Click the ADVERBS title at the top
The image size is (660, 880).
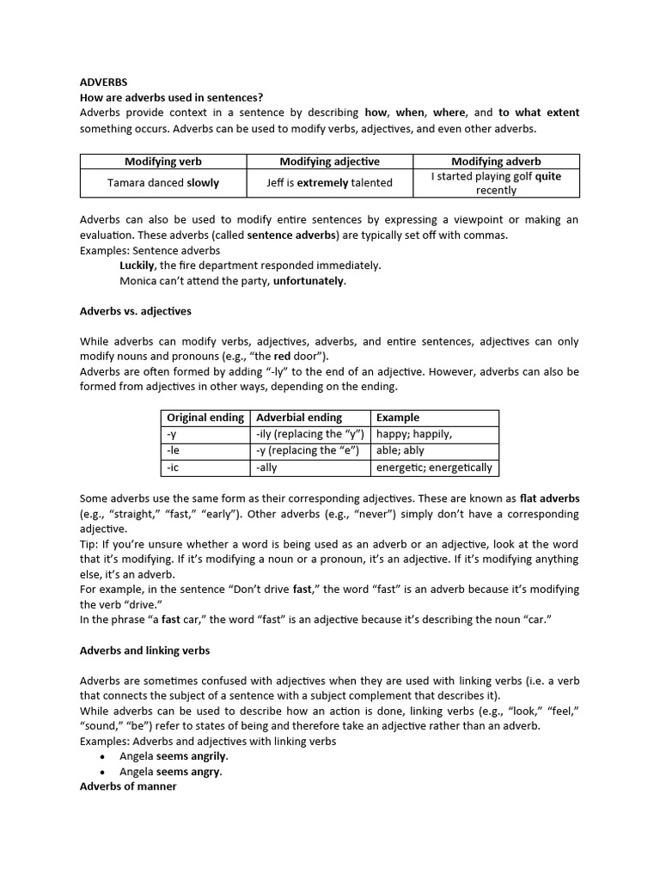pos(103,82)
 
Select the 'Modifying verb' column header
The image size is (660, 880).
pos(162,162)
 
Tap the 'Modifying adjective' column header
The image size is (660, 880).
pos(329,162)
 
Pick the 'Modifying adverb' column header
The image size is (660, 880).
pos(496,162)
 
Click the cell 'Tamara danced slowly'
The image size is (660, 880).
pos(162,182)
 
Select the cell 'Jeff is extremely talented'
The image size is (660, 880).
pos(329,182)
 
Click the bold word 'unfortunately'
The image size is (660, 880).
pos(309,281)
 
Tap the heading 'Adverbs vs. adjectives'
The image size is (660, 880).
pos(135,311)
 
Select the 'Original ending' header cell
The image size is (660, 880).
pos(205,418)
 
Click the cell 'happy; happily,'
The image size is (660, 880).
pos(414,434)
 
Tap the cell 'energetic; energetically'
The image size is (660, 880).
pos(434,467)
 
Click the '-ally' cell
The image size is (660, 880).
pos(266,467)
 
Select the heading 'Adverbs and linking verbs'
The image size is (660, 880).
pos(144,651)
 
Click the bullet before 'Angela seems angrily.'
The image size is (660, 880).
pos(103,756)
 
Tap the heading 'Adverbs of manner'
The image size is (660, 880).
pos(128,786)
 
